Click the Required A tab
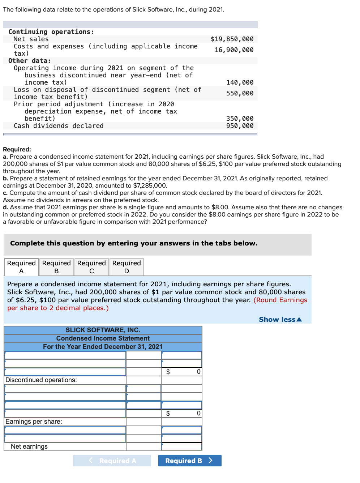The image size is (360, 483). (21, 267)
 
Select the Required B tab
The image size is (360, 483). (56, 267)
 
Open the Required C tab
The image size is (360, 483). (91, 267)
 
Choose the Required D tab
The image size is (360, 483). (127, 267)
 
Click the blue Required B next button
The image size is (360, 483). (189, 461)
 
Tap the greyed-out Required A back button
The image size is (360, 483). (112, 461)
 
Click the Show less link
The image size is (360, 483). (280, 320)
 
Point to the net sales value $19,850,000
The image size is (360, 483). (232, 39)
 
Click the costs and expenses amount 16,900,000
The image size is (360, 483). (234, 50)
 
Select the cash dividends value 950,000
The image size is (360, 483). (240, 126)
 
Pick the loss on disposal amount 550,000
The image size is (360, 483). (240, 93)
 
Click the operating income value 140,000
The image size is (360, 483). (240, 82)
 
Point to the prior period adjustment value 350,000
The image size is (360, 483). (240, 119)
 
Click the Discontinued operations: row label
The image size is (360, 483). (41, 380)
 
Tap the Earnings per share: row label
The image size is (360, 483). (34, 422)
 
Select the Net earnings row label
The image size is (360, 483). (29, 446)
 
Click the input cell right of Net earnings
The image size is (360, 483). (181, 446)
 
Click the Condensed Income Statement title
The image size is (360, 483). (103, 338)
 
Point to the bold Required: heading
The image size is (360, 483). (17, 149)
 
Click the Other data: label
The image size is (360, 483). (30, 61)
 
